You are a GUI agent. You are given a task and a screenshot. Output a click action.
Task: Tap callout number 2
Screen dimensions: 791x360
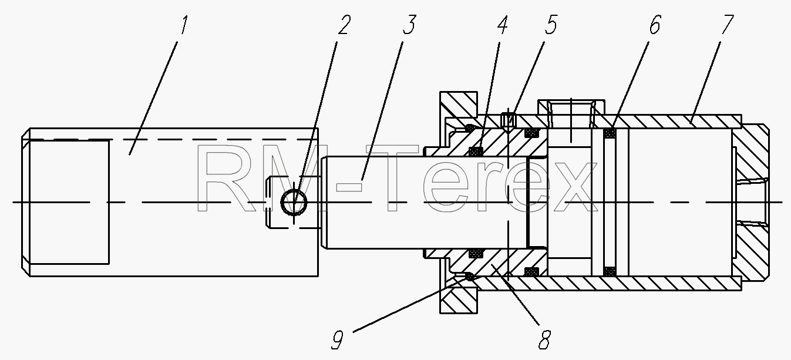coord(344,25)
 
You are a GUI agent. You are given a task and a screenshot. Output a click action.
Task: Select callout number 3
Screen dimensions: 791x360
coord(410,25)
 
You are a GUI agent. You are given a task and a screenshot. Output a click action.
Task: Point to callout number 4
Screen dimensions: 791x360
coord(503,25)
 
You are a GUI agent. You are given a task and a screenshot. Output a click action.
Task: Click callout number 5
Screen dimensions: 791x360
coord(550,25)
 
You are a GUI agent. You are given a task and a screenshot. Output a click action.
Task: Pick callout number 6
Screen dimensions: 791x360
coord(654,25)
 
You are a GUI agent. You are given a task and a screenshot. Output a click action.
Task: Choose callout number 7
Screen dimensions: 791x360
coord(728,25)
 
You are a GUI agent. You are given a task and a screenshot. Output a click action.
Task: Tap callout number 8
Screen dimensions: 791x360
coord(544,339)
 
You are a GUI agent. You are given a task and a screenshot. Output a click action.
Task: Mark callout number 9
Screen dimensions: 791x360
coord(337,339)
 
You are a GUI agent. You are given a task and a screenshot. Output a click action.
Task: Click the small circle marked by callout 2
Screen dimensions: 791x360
coord(294,202)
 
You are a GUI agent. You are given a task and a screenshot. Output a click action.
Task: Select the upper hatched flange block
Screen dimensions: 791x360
coord(459,104)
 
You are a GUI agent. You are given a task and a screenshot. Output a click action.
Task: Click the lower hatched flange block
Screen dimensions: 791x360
coord(459,300)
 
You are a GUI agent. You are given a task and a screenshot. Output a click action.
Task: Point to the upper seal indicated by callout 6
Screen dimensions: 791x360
coord(610,133)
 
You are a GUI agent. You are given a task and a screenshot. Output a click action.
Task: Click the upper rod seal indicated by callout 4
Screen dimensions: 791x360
coord(476,151)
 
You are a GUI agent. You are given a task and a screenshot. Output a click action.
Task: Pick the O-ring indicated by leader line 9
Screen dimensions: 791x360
coord(470,277)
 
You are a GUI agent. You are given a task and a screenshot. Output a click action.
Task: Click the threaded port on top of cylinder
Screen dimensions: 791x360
coord(571,114)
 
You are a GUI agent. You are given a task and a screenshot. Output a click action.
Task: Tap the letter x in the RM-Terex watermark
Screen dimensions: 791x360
coord(572,187)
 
